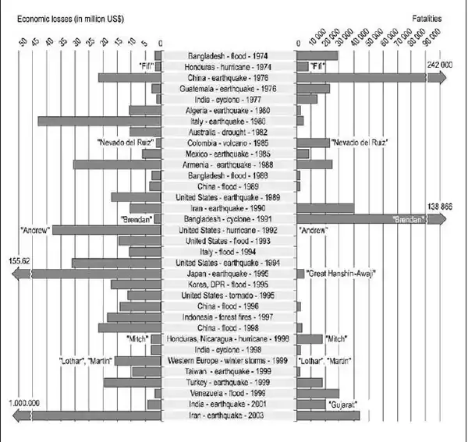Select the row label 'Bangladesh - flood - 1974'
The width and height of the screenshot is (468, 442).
(229, 56)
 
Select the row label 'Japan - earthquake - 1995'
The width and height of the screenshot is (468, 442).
(229, 274)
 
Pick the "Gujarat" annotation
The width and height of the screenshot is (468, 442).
(342, 405)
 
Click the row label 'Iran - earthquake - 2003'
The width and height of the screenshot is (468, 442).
(229, 416)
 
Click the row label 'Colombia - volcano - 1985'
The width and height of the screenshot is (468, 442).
(229, 143)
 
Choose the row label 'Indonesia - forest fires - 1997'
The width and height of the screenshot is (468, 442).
(229, 318)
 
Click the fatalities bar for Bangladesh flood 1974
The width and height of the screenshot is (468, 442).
(317, 56)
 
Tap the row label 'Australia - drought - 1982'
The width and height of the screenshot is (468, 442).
(229, 133)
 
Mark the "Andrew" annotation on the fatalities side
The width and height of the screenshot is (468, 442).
(313, 231)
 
